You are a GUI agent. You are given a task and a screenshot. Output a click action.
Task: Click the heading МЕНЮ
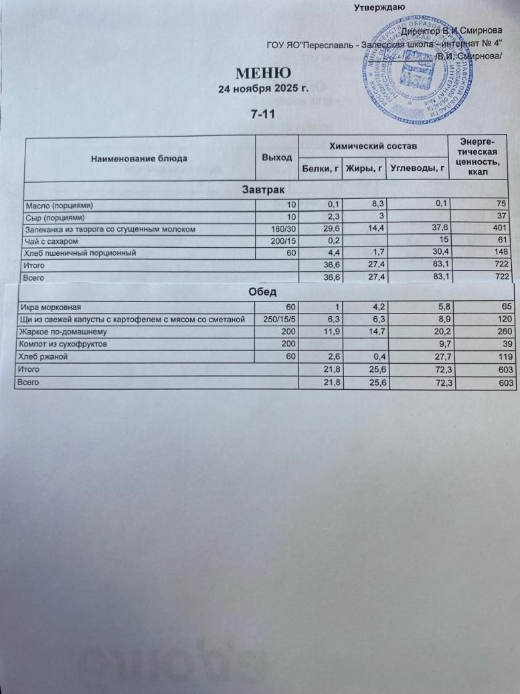(263, 73)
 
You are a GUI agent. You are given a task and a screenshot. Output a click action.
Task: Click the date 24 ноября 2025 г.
(263, 88)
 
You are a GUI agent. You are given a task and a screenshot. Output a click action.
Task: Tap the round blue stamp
(416, 72)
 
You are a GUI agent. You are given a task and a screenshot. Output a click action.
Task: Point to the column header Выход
(277, 157)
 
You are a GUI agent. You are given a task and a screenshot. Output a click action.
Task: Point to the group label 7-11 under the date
(263, 115)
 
